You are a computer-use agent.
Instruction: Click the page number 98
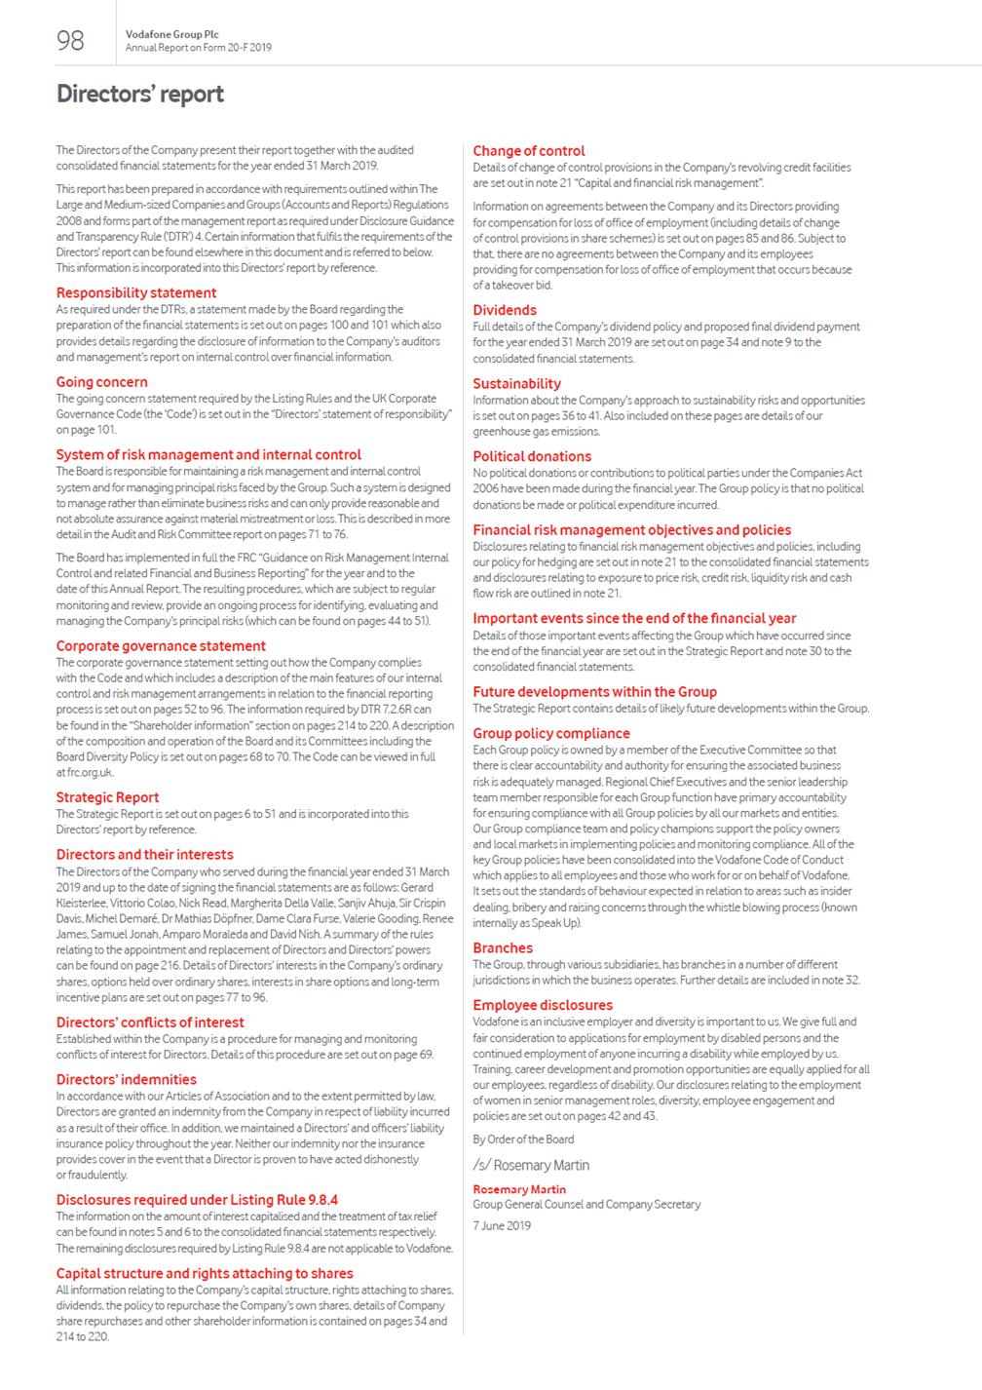point(70,40)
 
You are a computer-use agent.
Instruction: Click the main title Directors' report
point(140,95)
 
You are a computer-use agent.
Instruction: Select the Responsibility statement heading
point(136,292)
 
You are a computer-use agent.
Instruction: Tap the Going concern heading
point(102,382)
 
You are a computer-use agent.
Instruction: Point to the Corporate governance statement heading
point(161,645)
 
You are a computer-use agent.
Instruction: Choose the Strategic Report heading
point(107,797)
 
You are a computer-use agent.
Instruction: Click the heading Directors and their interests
point(144,855)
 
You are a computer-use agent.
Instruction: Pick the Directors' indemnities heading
point(127,1080)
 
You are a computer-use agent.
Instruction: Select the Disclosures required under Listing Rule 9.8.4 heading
point(197,1200)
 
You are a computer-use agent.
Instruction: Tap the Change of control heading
point(529,151)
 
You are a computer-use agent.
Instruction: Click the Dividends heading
point(505,310)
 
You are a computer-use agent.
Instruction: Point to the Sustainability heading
point(517,384)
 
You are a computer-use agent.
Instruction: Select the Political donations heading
point(532,456)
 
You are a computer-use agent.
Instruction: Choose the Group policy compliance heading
point(551,733)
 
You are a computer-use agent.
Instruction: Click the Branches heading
point(503,947)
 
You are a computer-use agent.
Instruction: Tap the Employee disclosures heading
point(543,1005)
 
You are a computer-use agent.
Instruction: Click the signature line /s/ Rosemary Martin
point(531,1165)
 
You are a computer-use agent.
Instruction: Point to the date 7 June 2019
point(502,1225)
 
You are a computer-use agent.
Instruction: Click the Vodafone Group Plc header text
point(171,34)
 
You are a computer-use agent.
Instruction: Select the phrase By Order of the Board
point(523,1139)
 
